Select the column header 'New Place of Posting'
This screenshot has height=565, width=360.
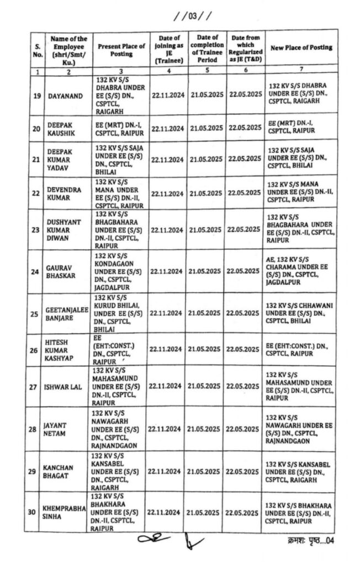300,48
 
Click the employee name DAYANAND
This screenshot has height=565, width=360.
63,96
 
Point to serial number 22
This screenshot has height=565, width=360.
37,193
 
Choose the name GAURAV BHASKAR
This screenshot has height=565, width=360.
60,271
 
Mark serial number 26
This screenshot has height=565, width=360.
37,348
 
